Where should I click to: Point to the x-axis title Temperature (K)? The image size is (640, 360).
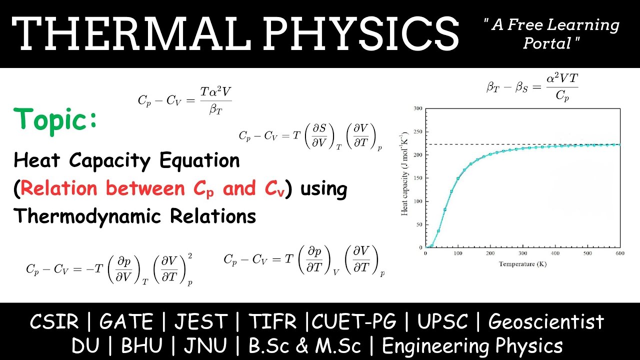(x=522, y=263)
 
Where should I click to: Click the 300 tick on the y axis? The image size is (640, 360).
(x=418, y=108)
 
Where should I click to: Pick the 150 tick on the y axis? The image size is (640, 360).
(x=418, y=178)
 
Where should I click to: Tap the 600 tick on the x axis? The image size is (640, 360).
(x=619, y=253)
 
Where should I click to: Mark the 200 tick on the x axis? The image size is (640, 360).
(x=490, y=253)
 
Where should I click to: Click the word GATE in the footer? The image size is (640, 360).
(x=125, y=322)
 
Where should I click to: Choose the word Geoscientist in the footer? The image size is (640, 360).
(x=546, y=322)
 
